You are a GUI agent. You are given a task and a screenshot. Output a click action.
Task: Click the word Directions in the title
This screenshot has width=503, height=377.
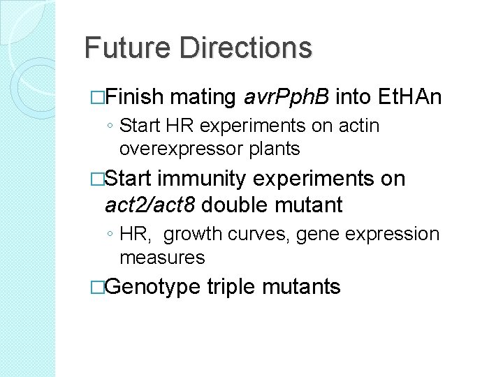point(245,48)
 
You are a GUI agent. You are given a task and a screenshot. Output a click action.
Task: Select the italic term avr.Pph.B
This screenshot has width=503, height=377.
point(287,96)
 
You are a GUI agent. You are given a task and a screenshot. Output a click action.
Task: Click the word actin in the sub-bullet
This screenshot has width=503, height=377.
point(359,126)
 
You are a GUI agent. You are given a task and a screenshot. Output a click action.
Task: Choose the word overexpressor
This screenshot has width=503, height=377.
point(179,149)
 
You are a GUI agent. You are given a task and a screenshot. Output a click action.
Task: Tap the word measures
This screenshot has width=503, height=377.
point(162,258)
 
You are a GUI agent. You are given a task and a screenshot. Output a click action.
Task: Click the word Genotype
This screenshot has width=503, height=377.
point(152,287)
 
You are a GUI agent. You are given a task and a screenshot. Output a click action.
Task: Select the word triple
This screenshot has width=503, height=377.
point(233,287)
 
